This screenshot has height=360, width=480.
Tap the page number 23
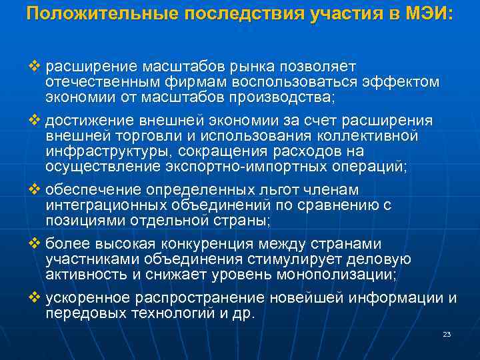click(446, 334)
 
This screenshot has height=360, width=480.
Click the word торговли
click(128, 136)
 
